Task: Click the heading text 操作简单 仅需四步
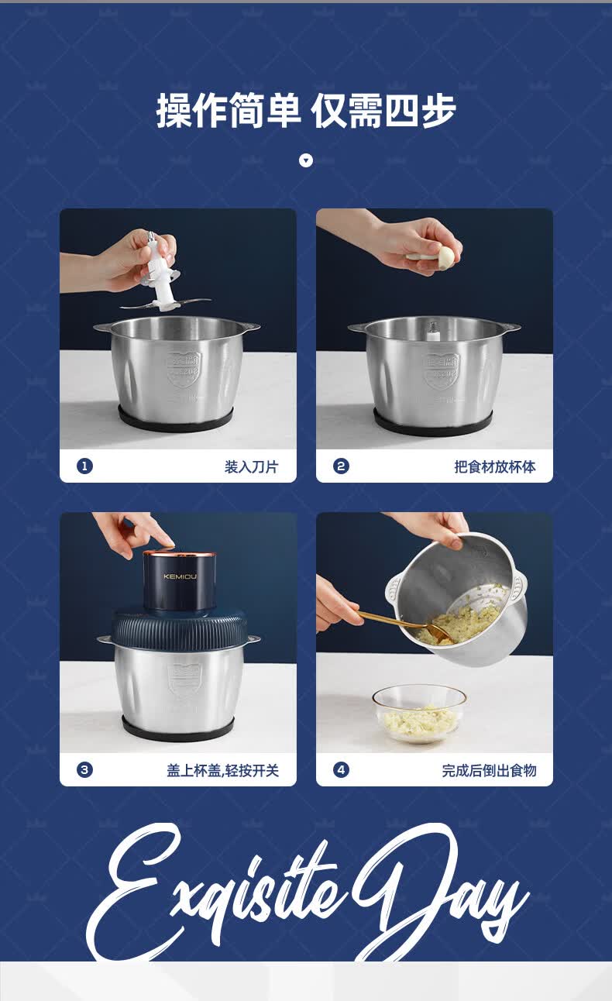[306, 111]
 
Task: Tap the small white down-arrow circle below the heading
[306, 160]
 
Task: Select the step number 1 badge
[85, 466]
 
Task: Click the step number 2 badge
[342, 466]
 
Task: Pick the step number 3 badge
[85, 770]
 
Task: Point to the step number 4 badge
[342, 770]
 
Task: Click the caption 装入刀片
[252, 467]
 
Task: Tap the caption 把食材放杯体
[495, 467]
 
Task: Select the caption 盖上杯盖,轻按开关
[223, 770]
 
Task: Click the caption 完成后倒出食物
[489, 770]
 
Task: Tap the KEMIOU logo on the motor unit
[180, 576]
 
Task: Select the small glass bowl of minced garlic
[419, 714]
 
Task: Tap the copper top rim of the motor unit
[179, 554]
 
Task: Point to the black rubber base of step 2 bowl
[433, 425]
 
